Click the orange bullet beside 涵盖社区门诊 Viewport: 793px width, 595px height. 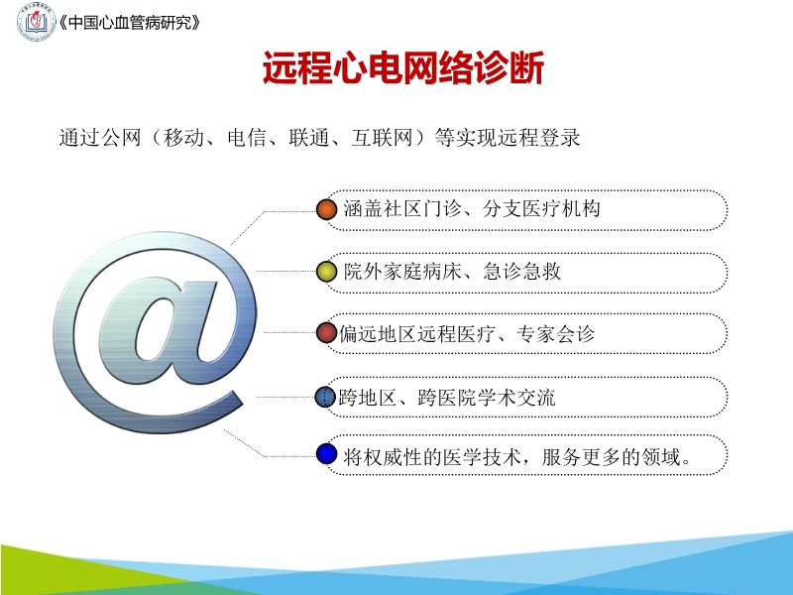coord(327,209)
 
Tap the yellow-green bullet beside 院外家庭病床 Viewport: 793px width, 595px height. coord(327,272)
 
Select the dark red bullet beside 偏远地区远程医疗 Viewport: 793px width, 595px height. coord(327,334)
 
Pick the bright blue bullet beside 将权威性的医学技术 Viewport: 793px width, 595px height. coord(327,456)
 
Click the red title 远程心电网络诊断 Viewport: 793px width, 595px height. coord(403,69)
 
